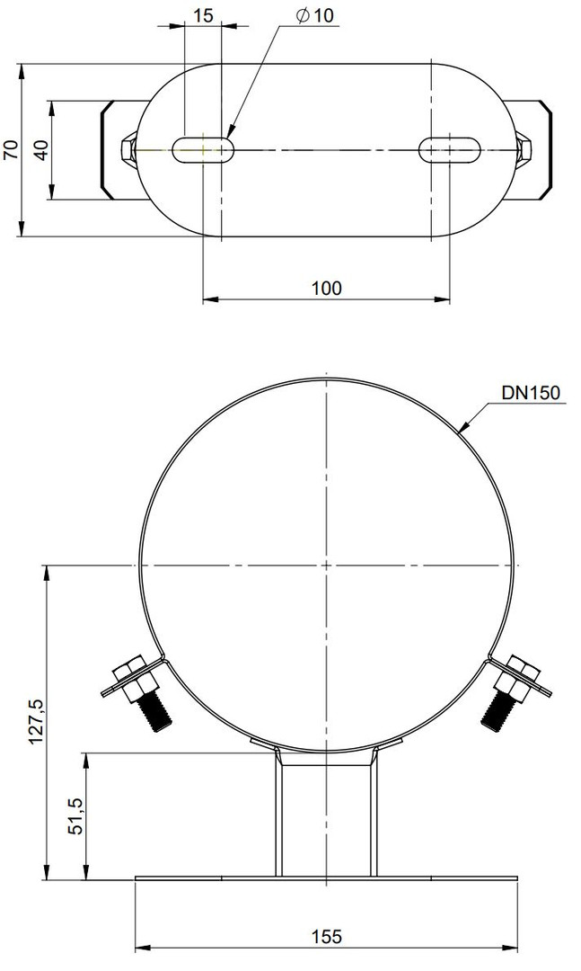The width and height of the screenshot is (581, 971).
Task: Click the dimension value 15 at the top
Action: coord(203,14)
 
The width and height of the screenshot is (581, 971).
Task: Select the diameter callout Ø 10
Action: coord(314,15)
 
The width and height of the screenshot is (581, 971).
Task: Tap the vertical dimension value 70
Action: coord(12,149)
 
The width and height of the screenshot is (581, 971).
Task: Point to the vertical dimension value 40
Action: coord(40,149)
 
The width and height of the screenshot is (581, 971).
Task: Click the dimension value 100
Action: coord(326,288)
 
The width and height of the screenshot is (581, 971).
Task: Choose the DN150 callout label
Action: coord(531,392)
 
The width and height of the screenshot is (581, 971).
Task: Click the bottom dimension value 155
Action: coord(326,936)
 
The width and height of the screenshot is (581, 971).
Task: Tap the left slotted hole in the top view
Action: coord(203,149)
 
